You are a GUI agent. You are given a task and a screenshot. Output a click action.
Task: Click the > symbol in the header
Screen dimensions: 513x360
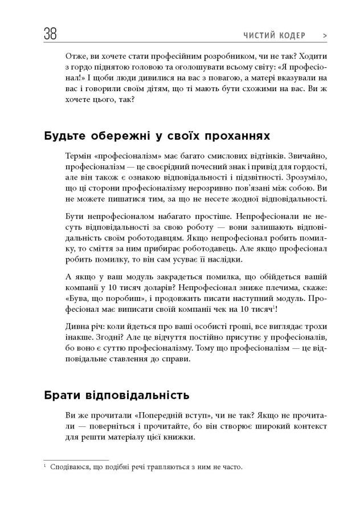click(x=325, y=35)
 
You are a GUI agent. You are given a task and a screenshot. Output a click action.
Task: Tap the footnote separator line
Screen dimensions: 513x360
click(x=76, y=459)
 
